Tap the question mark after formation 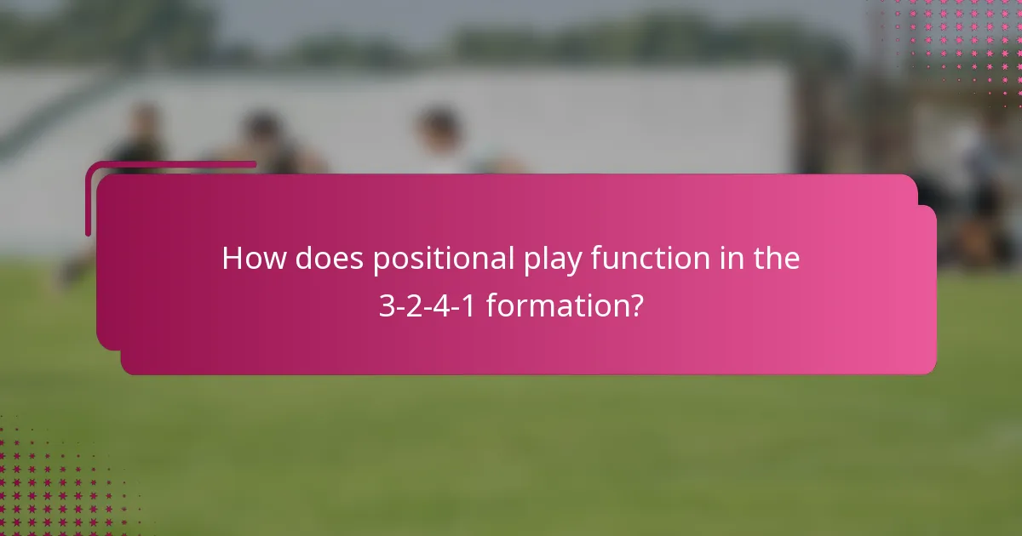[635, 306]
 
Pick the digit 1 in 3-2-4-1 [465, 306]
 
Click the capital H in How [233, 259]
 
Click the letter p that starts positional [381, 262]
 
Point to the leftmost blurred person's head [146, 119]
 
